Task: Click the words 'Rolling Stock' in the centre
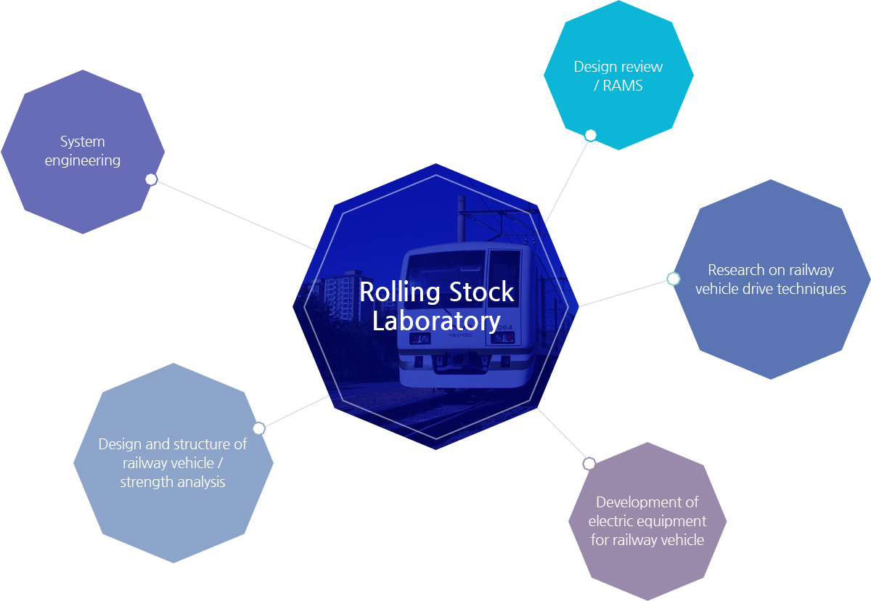[x=436, y=293]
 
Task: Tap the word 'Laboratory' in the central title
[x=436, y=321]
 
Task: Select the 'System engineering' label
[x=83, y=151]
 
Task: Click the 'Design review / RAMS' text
[x=618, y=76]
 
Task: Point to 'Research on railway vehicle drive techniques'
[x=771, y=279]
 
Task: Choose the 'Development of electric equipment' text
[x=647, y=512]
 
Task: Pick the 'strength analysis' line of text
[x=173, y=482]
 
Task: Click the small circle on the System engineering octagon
[x=151, y=179]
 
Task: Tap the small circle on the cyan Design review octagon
[x=591, y=135]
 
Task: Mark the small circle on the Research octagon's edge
[x=674, y=279]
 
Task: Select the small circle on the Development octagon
[x=589, y=463]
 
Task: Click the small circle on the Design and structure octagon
[x=259, y=428]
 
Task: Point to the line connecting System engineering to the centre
[x=232, y=214]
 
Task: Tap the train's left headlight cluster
[x=420, y=339]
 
